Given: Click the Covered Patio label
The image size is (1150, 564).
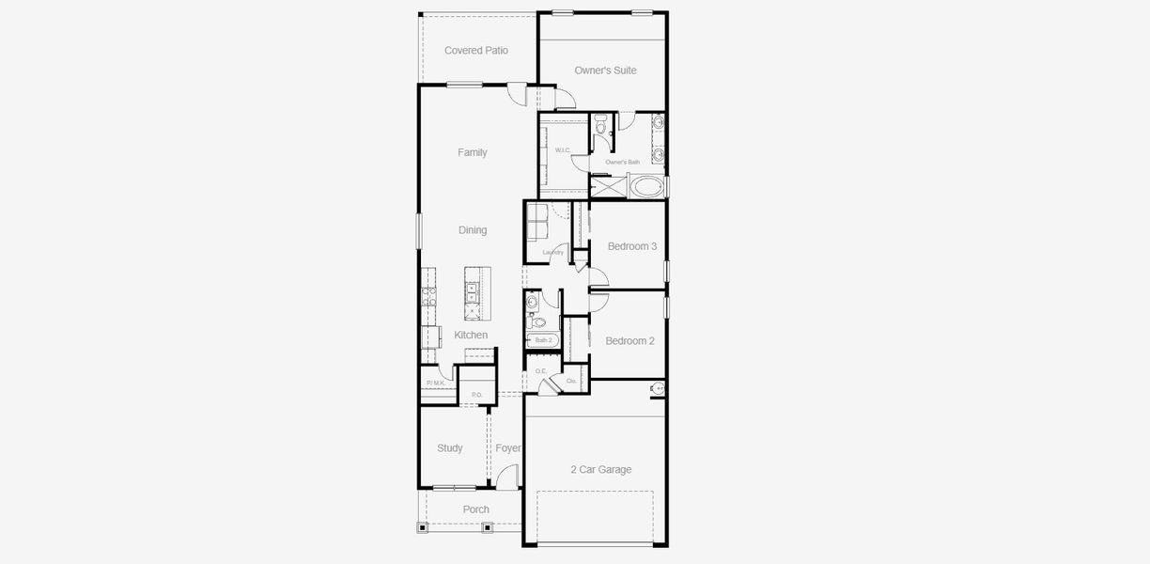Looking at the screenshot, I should [475, 51].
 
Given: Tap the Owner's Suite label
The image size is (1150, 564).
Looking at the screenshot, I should [605, 70].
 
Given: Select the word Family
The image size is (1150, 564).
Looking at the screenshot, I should [472, 152].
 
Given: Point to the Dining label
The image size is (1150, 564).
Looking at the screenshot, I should [473, 230].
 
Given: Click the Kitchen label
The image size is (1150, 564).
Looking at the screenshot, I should [471, 336].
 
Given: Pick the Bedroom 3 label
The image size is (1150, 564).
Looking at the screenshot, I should [631, 246].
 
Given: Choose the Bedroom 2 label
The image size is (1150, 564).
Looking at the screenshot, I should [629, 341].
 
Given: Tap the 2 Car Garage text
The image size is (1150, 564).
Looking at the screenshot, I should [600, 470].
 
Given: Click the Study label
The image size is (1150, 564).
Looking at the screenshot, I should [449, 448].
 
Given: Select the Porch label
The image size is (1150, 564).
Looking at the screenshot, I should [475, 509].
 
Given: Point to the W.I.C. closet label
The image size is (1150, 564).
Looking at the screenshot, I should [563, 150].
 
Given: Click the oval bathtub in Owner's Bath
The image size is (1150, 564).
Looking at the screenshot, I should [647, 186].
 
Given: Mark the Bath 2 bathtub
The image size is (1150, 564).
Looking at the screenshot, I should [543, 340].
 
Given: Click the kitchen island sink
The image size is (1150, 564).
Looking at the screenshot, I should [473, 289].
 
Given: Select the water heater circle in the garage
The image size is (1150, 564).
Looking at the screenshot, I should [657, 388].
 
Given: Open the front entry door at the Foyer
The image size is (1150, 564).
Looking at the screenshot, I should [506, 478].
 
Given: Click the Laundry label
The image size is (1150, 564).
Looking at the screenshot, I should [552, 252].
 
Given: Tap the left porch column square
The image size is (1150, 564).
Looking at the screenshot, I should [422, 528].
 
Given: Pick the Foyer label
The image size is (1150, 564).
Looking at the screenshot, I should [507, 448].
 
